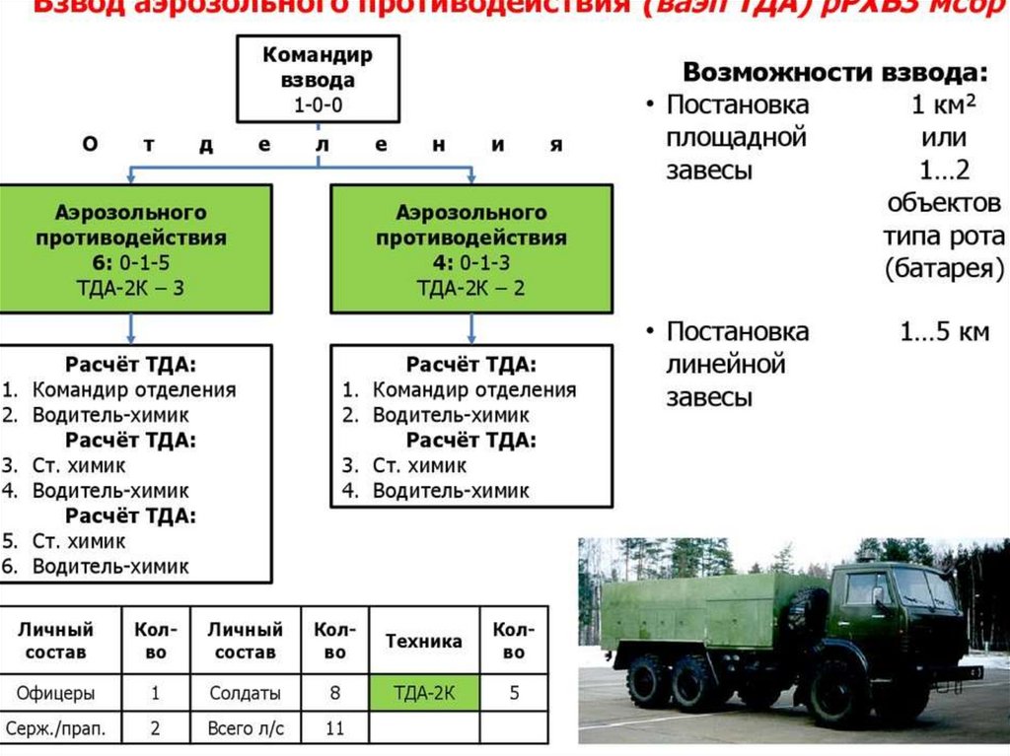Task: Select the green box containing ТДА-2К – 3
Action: [x=134, y=249]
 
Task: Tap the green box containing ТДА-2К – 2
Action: [x=470, y=249]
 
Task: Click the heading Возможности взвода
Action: [x=834, y=73]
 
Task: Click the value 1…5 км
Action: [x=943, y=332]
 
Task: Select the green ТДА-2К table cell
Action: [x=423, y=692]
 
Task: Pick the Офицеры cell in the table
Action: [x=57, y=692]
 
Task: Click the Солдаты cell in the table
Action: [x=246, y=692]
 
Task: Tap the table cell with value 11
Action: [x=335, y=729]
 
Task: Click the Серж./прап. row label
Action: [x=57, y=729]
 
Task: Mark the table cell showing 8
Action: [x=335, y=692]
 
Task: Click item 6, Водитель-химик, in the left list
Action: [x=109, y=567]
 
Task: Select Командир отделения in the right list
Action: [x=473, y=390]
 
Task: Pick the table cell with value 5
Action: [x=514, y=692]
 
